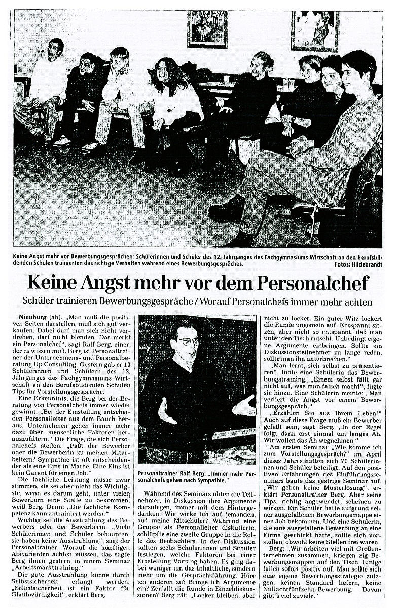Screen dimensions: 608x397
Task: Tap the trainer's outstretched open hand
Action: pos(245,406)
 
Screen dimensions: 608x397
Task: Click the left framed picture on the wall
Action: pos(207,29)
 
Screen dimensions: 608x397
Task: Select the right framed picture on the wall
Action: pos(314,30)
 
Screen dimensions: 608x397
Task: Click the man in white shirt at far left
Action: pos(48,81)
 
